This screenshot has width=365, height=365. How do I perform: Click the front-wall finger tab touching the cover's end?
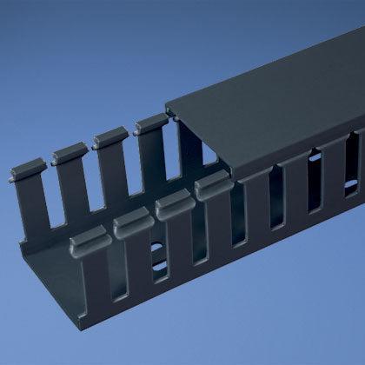(x=211, y=185)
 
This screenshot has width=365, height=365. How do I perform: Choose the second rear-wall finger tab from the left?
(x=68, y=154)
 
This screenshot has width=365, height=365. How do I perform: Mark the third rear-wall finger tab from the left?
(x=108, y=138)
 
